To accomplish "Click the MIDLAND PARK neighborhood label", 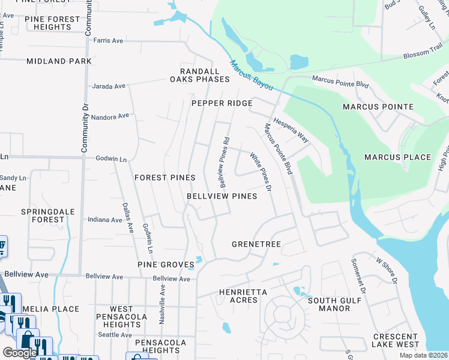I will (59, 61).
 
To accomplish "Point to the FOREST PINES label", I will (164, 178).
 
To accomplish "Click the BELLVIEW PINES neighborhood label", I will (221, 196).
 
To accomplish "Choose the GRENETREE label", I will (256, 244).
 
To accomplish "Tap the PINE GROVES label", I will (165, 265).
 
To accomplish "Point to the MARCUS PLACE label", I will (397, 157).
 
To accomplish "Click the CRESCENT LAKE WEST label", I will (395, 340).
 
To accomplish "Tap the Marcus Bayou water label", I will (251, 76).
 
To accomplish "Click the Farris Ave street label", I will (109, 41).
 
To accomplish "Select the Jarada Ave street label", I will (108, 86).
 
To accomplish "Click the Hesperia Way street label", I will (291, 130).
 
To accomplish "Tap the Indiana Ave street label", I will (105, 220).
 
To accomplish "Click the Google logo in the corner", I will (20, 352).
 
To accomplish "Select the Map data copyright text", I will (424, 355).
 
